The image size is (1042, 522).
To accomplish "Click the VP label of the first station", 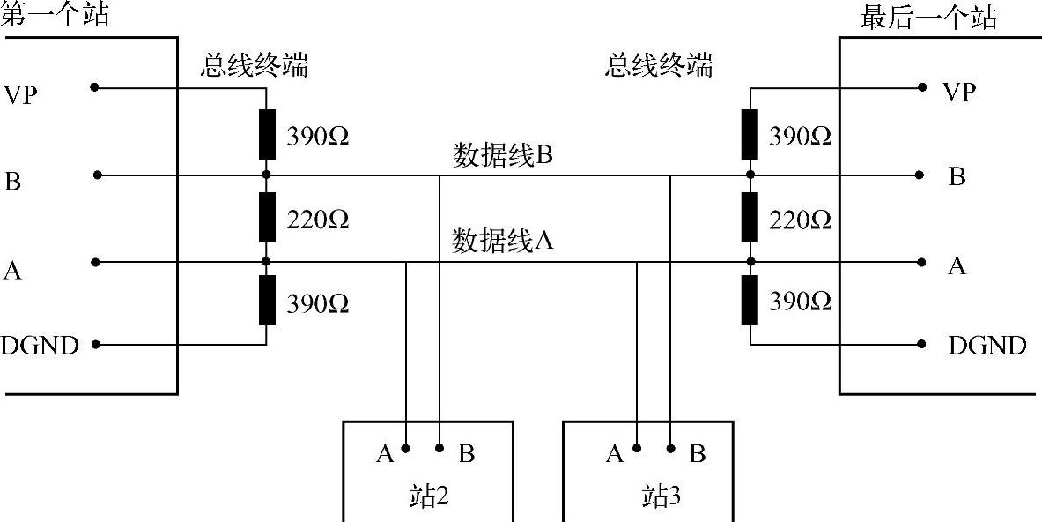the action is (21, 94).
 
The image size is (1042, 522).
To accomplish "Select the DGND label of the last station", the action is (987, 346).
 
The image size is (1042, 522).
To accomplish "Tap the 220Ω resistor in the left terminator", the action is (266, 217).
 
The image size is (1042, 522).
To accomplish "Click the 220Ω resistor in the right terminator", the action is (750, 217).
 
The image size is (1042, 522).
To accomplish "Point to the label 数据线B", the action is (502, 155).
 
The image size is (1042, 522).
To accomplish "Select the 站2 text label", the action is (426, 497).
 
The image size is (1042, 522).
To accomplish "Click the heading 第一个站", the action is (55, 14).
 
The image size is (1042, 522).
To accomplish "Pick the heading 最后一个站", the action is (928, 18).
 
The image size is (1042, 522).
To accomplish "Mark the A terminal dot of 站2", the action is (406, 448).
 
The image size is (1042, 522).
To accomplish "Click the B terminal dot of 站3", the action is (670, 448).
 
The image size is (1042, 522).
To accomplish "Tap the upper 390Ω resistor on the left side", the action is (266, 134).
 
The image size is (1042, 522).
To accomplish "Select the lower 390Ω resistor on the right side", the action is (750, 301).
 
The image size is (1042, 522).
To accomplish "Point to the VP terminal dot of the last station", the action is (922, 87).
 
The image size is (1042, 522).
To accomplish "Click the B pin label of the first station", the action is (13, 183).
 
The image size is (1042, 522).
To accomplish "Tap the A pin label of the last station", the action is (957, 265).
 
